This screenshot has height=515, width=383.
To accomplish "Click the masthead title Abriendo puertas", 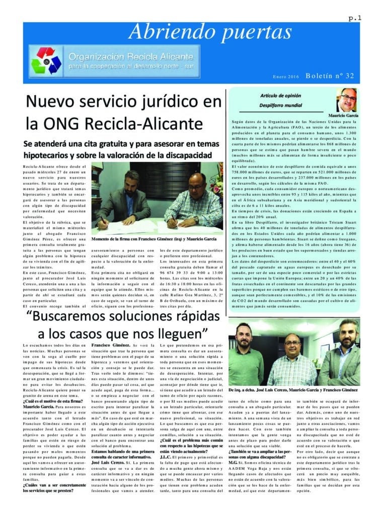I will click(210, 33).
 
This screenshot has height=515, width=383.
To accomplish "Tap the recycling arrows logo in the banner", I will click(46, 61).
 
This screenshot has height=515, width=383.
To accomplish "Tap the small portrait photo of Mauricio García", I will click(346, 100).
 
